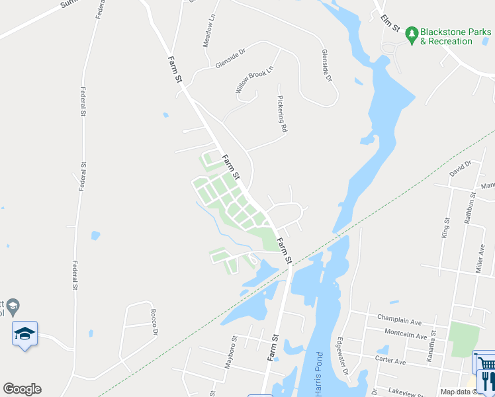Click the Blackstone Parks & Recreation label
pos(456,36)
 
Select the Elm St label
pos(391,24)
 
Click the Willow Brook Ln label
pos(254,79)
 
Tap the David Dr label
pos(459,168)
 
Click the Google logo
pos(22,389)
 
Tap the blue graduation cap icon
pos(24,333)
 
